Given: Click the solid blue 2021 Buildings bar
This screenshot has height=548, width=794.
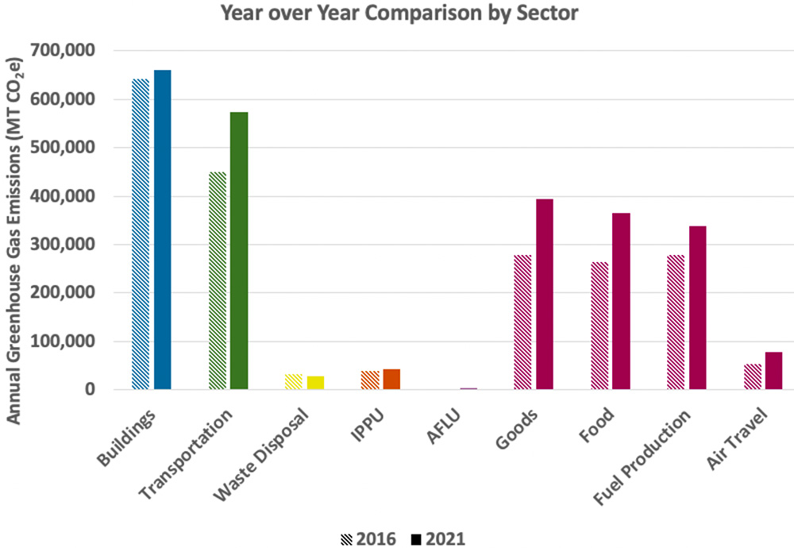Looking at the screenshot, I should click(x=162, y=230).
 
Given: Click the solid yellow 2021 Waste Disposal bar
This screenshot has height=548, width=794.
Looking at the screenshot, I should click(x=315, y=382).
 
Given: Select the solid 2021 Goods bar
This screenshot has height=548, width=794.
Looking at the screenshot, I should click(x=545, y=295).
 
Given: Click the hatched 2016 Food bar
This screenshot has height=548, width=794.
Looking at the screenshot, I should click(x=599, y=326).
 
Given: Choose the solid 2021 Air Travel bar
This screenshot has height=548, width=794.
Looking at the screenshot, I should click(x=773, y=370).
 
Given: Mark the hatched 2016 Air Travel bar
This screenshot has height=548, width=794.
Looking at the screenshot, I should click(x=752, y=376).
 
